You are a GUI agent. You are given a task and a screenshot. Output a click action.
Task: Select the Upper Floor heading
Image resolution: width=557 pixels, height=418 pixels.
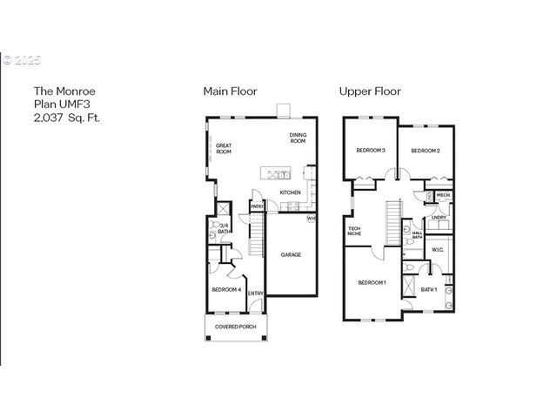point(370,91)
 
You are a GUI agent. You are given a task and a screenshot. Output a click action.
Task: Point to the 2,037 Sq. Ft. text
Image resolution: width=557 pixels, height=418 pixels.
point(67,117)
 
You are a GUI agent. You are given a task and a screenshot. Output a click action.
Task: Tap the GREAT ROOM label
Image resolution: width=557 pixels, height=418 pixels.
point(224,149)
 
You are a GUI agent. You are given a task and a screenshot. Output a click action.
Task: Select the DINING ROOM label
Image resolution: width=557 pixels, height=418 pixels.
point(298,138)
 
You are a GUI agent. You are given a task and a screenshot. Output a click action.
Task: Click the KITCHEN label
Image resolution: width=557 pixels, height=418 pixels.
point(290,192)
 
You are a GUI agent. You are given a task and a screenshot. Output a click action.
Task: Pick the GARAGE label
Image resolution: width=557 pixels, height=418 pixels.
point(291,255)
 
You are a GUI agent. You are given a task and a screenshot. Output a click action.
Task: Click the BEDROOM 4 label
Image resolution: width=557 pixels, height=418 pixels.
point(226,289)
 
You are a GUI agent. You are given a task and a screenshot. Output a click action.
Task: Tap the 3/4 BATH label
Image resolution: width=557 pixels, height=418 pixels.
point(224,229)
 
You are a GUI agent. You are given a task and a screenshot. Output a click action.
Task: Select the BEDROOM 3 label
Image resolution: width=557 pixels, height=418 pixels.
point(371,151)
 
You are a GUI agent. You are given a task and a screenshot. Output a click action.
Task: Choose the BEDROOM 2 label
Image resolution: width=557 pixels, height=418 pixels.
point(426,151)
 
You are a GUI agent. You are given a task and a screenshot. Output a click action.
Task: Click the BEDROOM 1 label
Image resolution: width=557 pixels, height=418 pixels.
point(372,283)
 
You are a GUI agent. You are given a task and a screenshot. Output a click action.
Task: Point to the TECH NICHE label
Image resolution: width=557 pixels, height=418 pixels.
point(354,230)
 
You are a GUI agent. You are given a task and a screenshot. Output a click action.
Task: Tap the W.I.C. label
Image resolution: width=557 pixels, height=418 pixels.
point(438,250)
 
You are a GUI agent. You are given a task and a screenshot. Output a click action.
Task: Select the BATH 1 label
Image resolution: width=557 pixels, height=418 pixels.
point(428,289)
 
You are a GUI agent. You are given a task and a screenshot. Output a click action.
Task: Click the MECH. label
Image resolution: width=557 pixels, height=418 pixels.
point(443,195)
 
